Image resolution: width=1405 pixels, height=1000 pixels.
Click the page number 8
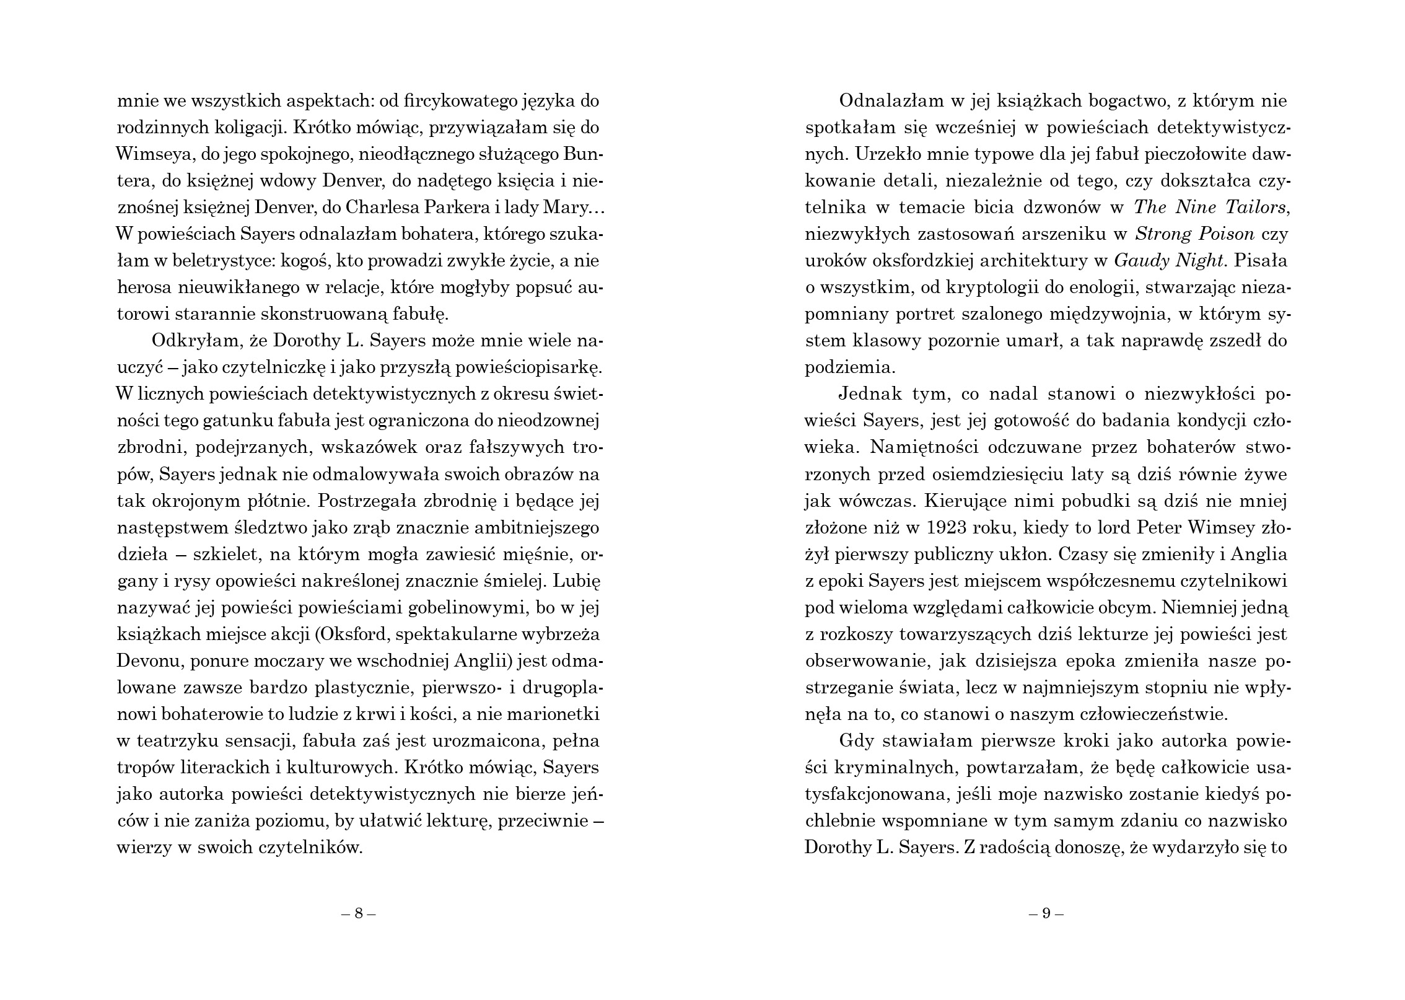(x=359, y=914)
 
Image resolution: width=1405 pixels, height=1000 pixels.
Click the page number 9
(x=1046, y=914)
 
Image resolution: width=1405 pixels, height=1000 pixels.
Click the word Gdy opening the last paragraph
(x=855, y=742)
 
